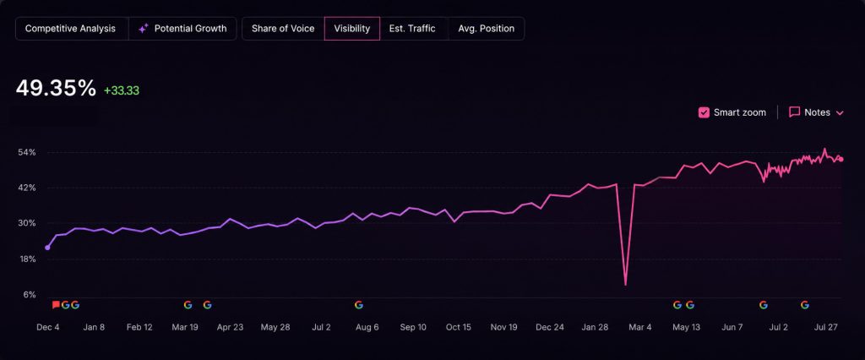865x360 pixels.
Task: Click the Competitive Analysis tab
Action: pyautogui.click(x=71, y=29)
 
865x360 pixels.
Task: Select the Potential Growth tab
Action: pyautogui.click(x=182, y=29)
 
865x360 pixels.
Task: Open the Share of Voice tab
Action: pyautogui.click(x=283, y=29)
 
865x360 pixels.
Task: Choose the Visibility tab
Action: pyautogui.click(x=352, y=29)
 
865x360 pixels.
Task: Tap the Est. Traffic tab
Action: pyautogui.click(x=412, y=29)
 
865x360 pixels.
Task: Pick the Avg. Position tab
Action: pyautogui.click(x=486, y=29)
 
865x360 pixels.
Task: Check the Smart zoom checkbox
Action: pyautogui.click(x=704, y=112)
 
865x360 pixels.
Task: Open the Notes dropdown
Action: pyautogui.click(x=817, y=112)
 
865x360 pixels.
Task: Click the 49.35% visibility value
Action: pyautogui.click(x=56, y=89)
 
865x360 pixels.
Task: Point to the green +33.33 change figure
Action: pyautogui.click(x=122, y=90)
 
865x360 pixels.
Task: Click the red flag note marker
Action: pyautogui.click(x=56, y=305)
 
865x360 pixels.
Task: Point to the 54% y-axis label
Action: pyautogui.click(x=29, y=152)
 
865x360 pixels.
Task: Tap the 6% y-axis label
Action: pyautogui.click(x=30, y=295)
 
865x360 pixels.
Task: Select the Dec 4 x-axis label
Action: pyautogui.click(x=48, y=327)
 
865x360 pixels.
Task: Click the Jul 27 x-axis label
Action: pyautogui.click(x=826, y=327)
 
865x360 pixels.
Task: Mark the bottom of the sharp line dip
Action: pyautogui.click(x=626, y=285)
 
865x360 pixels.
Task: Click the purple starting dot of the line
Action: pyautogui.click(x=47, y=248)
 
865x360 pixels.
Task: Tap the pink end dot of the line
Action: pyautogui.click(x=841, y=160)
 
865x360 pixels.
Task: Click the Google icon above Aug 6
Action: pyautogui.click(x=358, y=305)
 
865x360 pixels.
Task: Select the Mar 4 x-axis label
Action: pyautogui.click(x=640, y=327)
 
